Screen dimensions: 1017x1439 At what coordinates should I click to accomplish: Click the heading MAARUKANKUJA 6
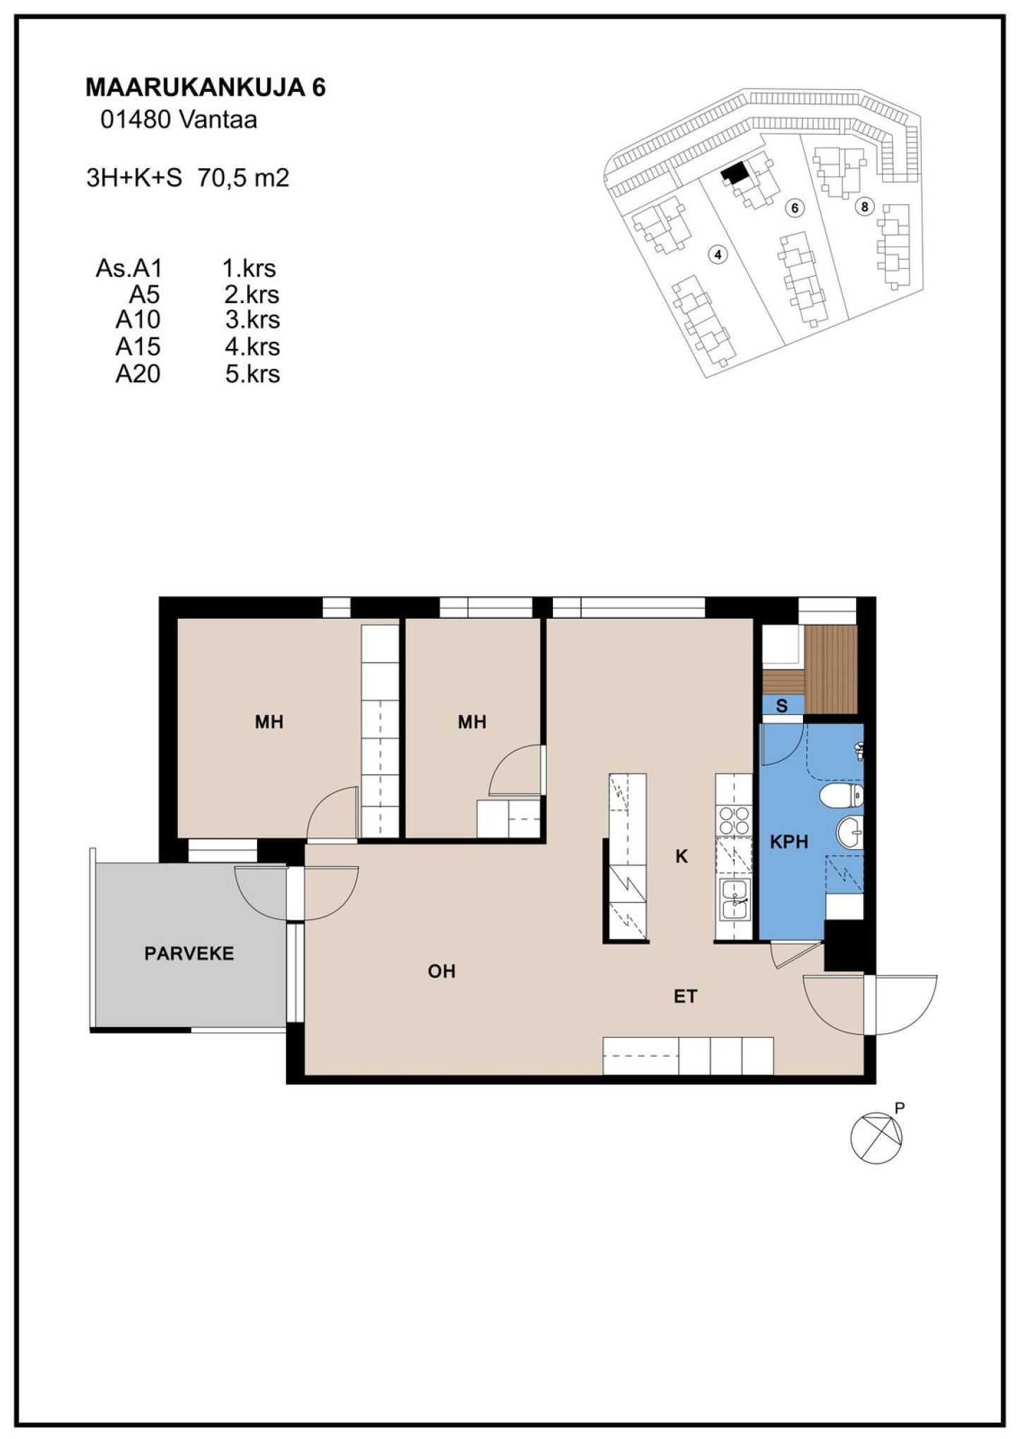point(206,88)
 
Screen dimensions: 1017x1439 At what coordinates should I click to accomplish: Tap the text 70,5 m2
point(243,177)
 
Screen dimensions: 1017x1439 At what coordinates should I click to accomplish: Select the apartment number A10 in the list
point(138,320)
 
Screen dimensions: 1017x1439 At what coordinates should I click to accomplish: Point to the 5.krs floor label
point(252,374)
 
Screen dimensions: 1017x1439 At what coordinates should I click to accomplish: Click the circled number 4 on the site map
point(718,254)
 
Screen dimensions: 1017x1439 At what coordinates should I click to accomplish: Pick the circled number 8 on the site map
point(864,207)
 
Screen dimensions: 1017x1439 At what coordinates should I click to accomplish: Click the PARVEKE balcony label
point(189,954)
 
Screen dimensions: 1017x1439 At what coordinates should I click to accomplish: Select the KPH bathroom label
point(789,841)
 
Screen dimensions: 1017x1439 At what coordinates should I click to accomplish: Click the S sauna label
point(782,706)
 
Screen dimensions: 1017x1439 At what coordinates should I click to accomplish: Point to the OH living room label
point(441,971)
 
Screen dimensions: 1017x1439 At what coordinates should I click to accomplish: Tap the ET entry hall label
point(685,997)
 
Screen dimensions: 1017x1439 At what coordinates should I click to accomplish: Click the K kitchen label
point(682,856)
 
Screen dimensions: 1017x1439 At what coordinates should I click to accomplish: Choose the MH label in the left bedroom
point(269,721)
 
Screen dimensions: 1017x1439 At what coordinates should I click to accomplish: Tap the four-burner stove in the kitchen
point(734,821)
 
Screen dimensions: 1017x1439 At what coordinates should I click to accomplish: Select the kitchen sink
point(734,899)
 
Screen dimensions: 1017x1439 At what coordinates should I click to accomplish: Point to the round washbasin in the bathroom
point(850,833)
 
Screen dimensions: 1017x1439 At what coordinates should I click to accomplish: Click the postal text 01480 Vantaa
point(179,120)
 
